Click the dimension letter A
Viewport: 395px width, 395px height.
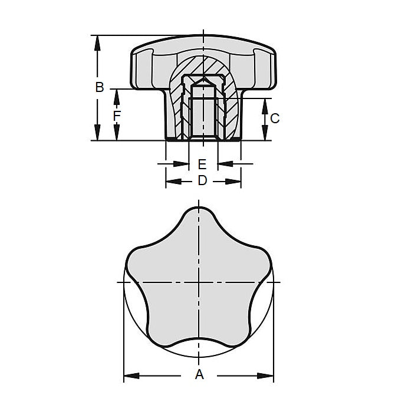tap(199, 374)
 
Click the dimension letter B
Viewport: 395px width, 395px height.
tap(100, 87)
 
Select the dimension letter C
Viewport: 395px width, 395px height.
tap(275, 119)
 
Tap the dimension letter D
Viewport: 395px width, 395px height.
tap(202, 181)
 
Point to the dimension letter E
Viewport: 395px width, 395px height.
tap(202, 163)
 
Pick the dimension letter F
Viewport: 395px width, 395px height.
tap(117, 116)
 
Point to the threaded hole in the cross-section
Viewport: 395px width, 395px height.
tap(203, 112)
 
